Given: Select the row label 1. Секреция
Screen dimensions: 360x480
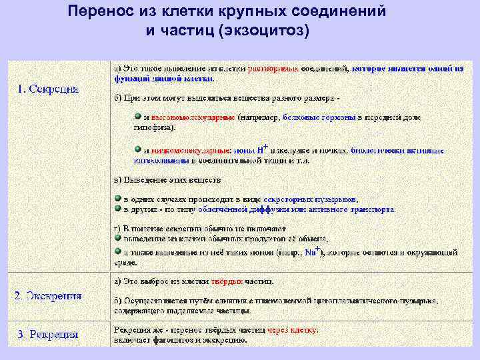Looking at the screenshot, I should (47, 88).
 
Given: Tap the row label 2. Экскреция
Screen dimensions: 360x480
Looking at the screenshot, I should (49, 295).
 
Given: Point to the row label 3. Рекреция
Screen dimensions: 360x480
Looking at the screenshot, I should (47, 334).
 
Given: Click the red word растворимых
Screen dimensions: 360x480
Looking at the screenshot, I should (273, 68).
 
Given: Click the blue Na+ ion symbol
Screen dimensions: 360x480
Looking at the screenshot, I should (311, 251).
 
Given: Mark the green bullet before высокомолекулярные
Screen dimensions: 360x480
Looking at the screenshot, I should (137, 115).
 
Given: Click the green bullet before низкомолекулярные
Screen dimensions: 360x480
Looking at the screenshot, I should (137, 149).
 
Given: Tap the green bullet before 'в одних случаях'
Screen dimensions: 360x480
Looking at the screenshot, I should (117, 199).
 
